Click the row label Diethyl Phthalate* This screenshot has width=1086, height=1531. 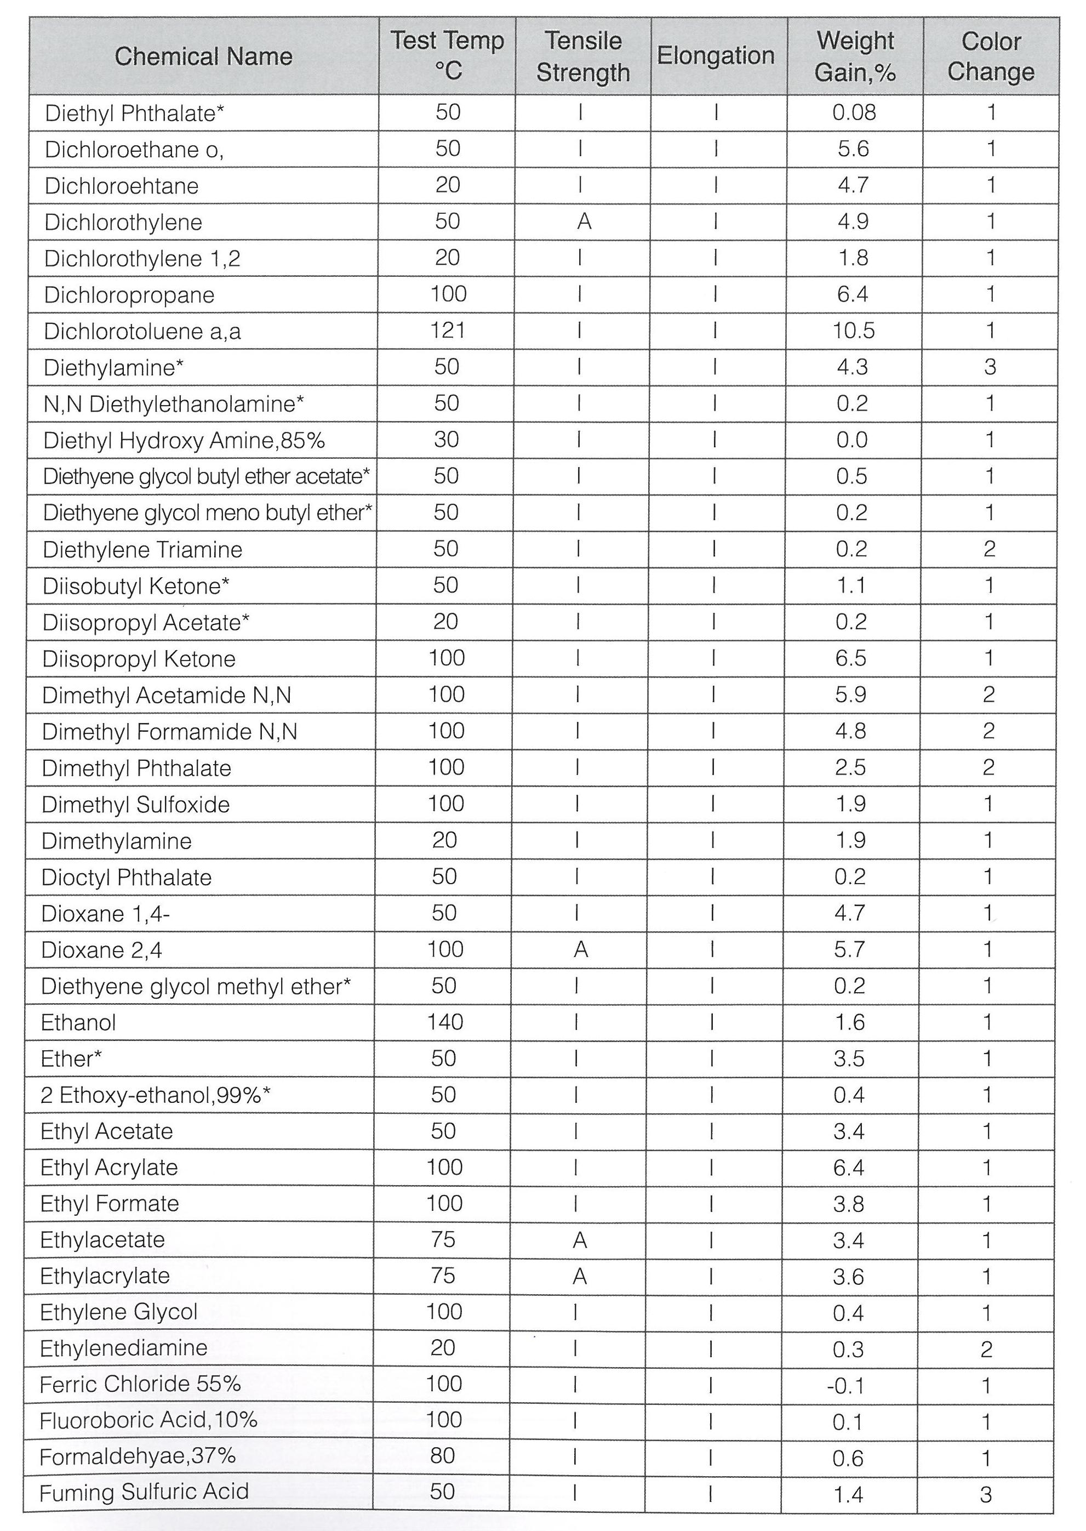tap(134, 113)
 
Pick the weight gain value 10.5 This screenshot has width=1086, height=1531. tap(853, 331)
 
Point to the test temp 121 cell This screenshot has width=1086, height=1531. tap(447, 331)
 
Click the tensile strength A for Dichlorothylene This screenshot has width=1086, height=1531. tap(584, 221)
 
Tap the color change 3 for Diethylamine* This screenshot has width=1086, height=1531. tap(990, 367)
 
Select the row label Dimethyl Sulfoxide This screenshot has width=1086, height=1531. tap(136, 804)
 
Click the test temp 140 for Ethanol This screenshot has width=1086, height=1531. tap(445, 1022)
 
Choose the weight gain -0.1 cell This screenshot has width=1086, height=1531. tap(847, 1385)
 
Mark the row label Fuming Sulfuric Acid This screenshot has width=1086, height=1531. tap(144, 1492)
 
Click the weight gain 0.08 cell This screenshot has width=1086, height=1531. tap(854, 112)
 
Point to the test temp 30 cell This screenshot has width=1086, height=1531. tap(447, 440)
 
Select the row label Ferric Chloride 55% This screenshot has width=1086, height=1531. tap(140, 1384)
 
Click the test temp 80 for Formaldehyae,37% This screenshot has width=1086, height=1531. tap(443, 1455)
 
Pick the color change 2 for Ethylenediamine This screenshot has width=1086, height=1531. tap(986, 1349)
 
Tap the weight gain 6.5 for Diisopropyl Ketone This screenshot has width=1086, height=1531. tap(850, 658)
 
